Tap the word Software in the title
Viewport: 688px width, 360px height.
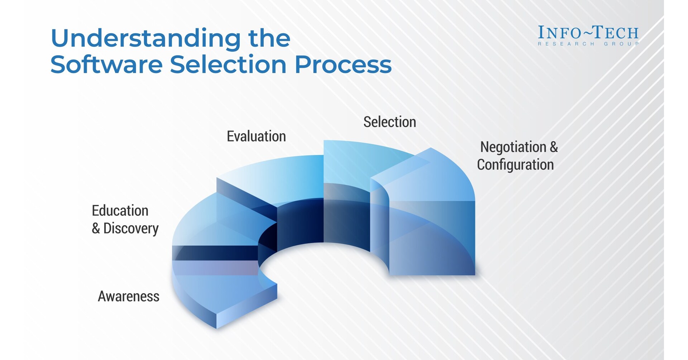tap(106, 65)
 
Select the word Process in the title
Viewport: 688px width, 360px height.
tap(343, 65)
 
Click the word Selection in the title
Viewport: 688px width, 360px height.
tap(228, 65)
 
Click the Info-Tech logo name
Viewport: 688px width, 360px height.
tap(588, 33)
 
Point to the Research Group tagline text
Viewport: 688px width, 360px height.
tap(588, 44)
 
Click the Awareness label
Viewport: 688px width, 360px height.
tap(128, 297)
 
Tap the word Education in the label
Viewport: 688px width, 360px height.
tap(120, 211)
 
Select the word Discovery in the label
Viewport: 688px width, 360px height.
tap(131, 229)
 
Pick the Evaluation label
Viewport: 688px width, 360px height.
tap(256, 136)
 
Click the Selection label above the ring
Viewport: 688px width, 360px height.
tap(390, 122)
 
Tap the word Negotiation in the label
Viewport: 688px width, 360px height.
tap(513, 147)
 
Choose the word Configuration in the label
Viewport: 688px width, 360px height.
tap(515, 165)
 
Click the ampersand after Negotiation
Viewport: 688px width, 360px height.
tap(554, 147)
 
